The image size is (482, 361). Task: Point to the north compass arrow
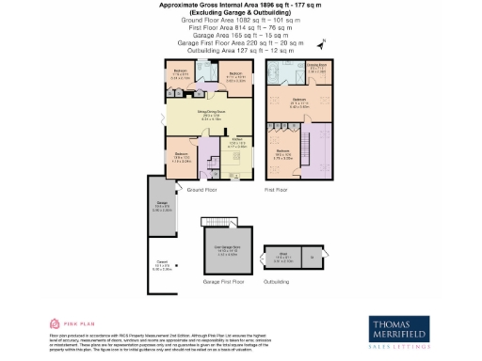point(323,42)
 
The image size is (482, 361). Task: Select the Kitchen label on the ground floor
point(237,143)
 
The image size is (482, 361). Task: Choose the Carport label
point(161,266)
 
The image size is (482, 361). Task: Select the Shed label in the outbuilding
point(282,255)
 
